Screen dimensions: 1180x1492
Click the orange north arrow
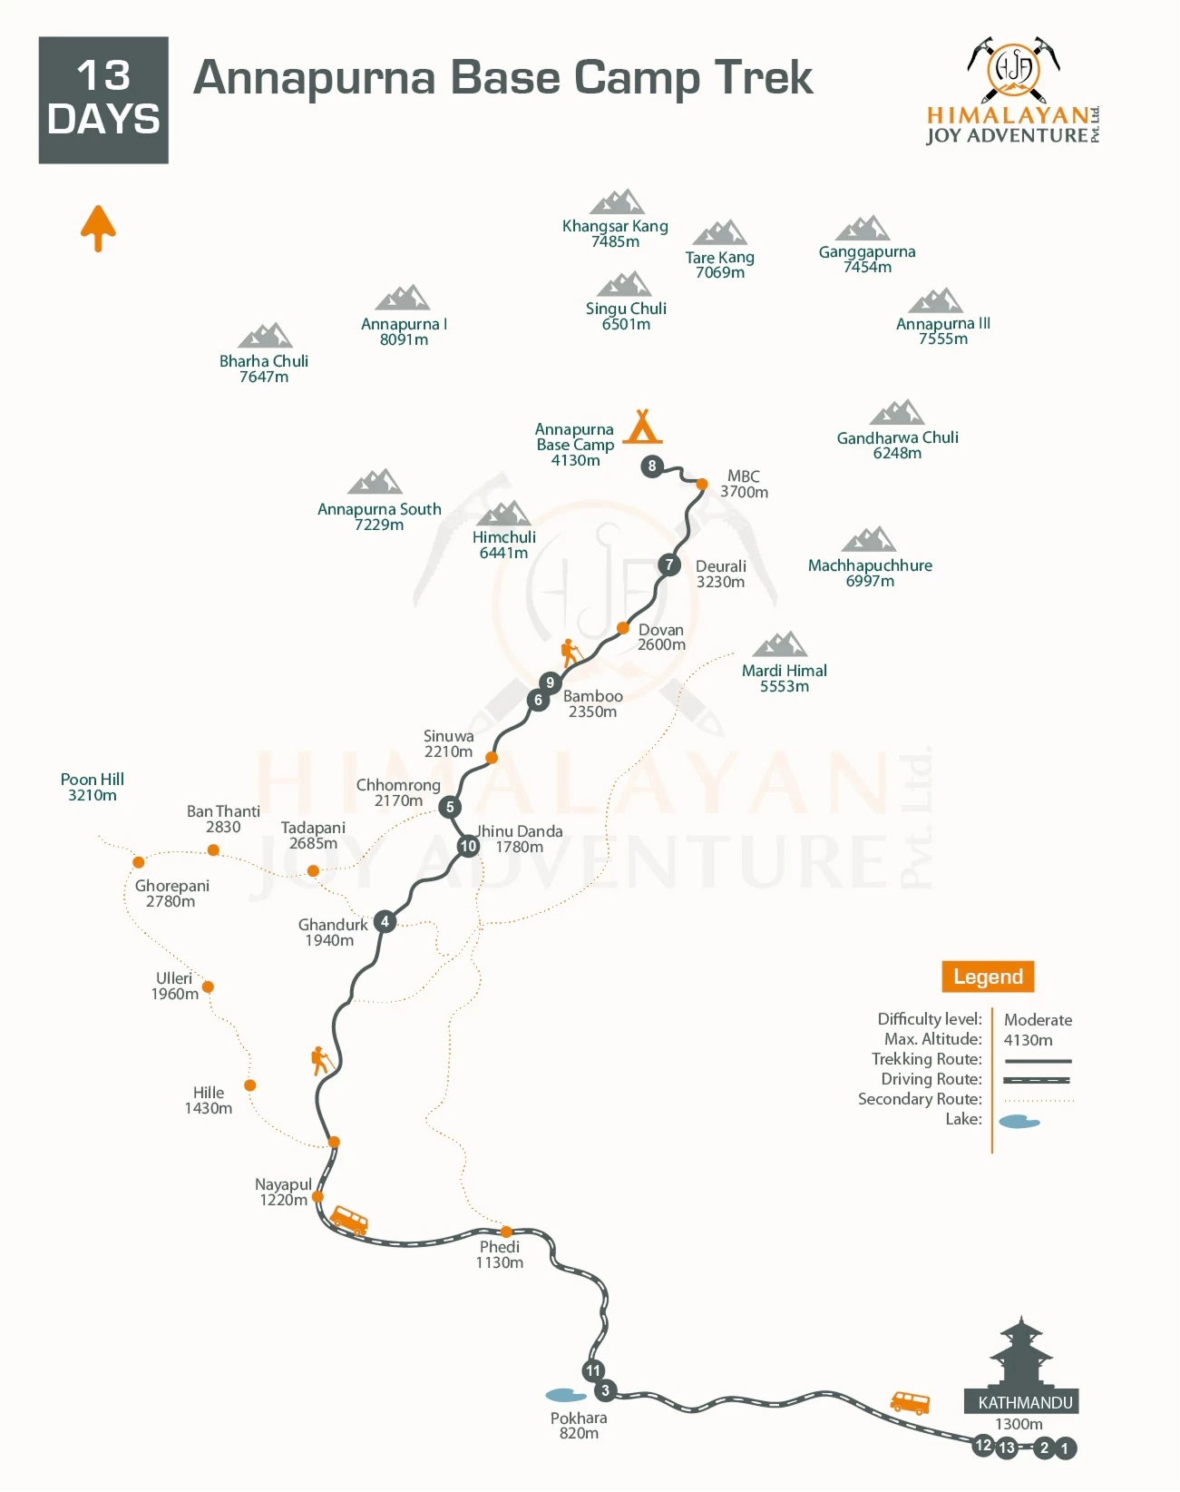(98, 227)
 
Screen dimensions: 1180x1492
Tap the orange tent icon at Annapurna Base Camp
(642, 426)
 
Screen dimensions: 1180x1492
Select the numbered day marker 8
(651, 466)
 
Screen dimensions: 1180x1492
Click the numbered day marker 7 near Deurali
(669, 564)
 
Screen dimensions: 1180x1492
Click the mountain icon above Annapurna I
(403, 298)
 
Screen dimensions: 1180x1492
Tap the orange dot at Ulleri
(208, 986)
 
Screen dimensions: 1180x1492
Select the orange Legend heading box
(988, 977)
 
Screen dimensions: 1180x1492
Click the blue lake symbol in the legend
(1019, 1122)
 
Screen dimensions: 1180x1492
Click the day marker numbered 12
(983, 1445)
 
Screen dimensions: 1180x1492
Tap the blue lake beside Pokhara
(566, 1395)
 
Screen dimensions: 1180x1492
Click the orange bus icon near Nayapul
(349, 1220)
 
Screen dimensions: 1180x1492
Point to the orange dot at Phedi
(506, 1232)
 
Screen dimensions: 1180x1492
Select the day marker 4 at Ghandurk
(385, 921)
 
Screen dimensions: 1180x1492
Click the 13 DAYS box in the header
(103, 100)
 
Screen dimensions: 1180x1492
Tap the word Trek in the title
(763, 77)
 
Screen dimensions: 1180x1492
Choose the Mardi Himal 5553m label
(785, 678)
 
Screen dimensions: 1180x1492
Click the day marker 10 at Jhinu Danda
(468, 846)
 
